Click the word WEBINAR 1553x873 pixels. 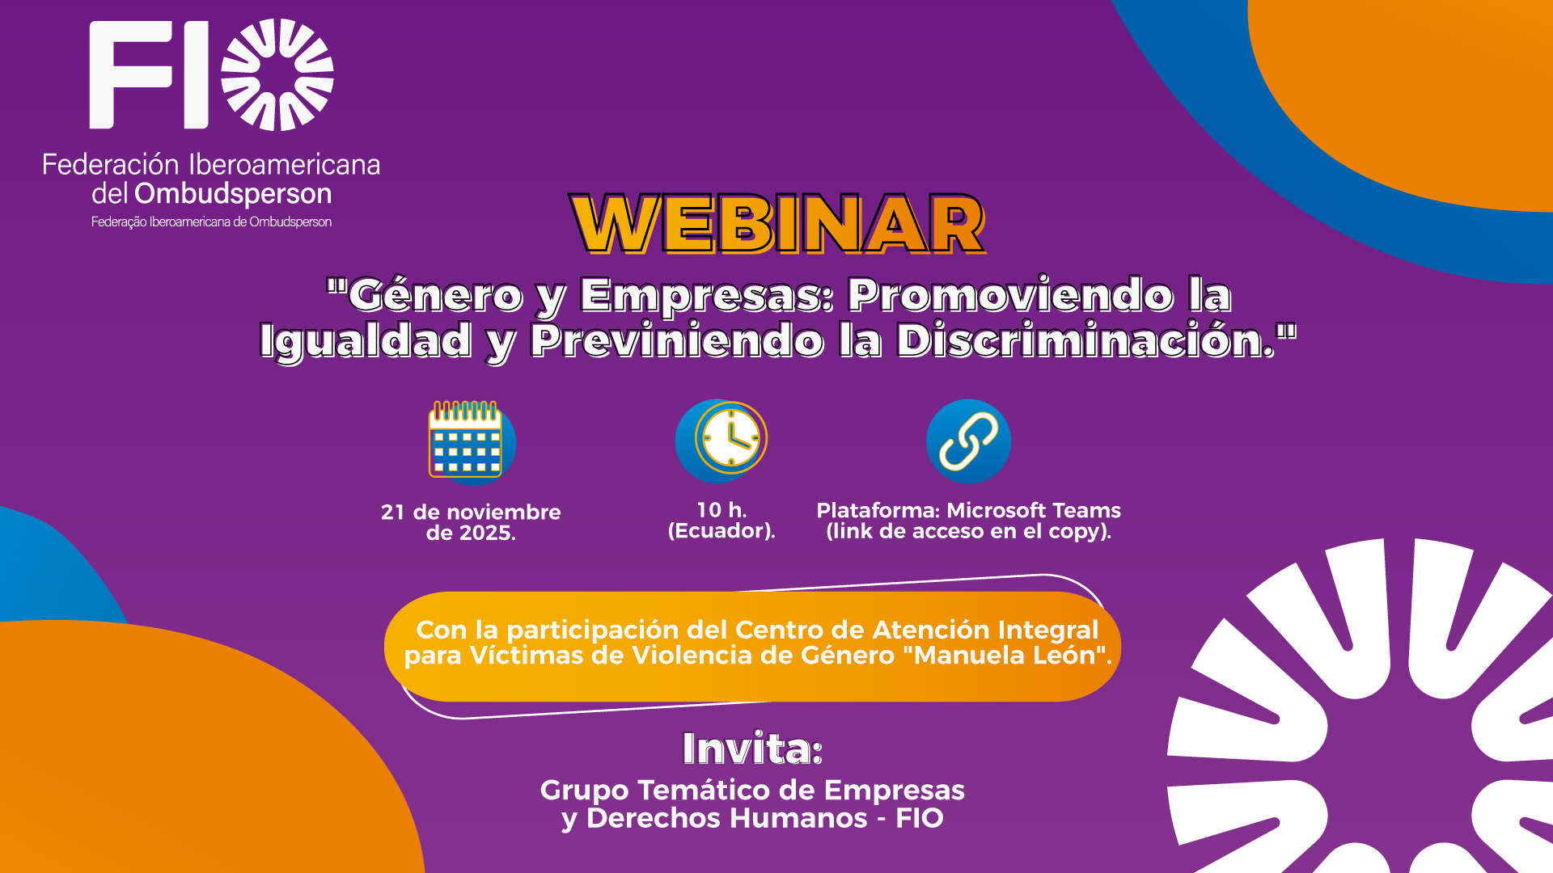(x=777, y=224)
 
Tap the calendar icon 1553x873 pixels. (x=467, y=440)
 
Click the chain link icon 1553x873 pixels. (x=968, y=441)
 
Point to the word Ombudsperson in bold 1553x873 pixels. (x=233, y=195)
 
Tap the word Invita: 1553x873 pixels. (x=752, y=749)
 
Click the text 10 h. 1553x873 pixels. (x=721, y=510)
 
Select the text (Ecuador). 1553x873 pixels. (x=721, y=531)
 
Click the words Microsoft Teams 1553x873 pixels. (x=1034, y=511)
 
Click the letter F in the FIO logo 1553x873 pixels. (x=129, y=75)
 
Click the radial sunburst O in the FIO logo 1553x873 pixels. (x=277, y=74)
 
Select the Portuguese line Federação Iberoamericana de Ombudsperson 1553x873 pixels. (x=211, y=221)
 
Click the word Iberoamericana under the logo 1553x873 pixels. (x=285, y=165)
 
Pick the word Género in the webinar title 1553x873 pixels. (x=435, y=296)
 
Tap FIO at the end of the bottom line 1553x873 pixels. (x=920, y=818)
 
